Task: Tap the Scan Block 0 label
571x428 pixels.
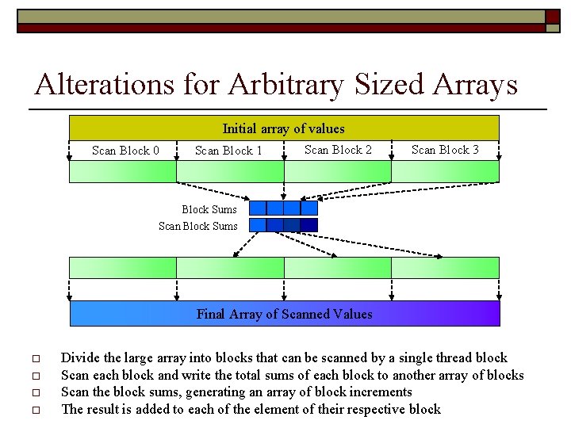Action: point(125,151)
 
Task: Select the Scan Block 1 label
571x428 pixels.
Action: point(228,151)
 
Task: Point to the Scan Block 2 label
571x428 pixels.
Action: point(338,150)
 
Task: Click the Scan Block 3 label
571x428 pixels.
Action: point(445,150)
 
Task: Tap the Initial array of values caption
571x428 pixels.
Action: point(283,128)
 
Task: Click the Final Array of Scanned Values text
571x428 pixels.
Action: point(284,314)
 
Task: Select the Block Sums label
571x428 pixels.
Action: point(209,209)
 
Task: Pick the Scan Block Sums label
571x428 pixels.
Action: point(198,226)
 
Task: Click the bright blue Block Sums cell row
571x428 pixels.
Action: point(283,208)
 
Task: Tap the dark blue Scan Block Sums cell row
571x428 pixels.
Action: point(283,225)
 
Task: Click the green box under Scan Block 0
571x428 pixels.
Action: point(123,172)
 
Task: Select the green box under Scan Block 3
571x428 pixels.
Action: point(445,172)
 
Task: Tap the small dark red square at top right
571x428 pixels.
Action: point(553,17)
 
